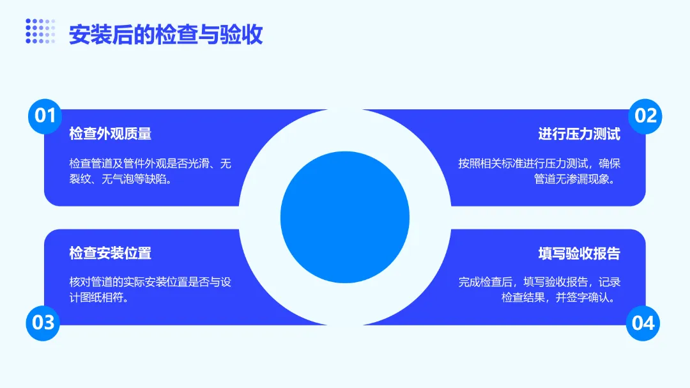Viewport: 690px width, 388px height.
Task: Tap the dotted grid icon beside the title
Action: [40, 31]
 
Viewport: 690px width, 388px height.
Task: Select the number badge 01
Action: [45, 116]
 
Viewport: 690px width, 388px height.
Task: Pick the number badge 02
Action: [645, 116]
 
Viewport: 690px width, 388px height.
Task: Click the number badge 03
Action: [43, 322]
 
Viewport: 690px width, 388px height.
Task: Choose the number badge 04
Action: [643, 322]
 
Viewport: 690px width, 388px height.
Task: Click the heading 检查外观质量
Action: [111, 134]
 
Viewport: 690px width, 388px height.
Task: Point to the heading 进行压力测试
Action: [579, 134]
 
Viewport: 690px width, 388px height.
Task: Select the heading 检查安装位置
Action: [111, 253]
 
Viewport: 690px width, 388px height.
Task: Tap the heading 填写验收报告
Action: [579, 253]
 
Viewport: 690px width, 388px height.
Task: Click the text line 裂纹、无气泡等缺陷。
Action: [122, 180]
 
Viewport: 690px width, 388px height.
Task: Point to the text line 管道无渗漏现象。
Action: [578, 180]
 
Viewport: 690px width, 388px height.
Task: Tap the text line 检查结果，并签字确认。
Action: [561, 299]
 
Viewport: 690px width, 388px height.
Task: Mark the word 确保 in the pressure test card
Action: [609, 164]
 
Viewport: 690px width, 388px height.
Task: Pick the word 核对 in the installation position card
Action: [80, 283]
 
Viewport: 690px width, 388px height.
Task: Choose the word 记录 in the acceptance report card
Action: [609, 283]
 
